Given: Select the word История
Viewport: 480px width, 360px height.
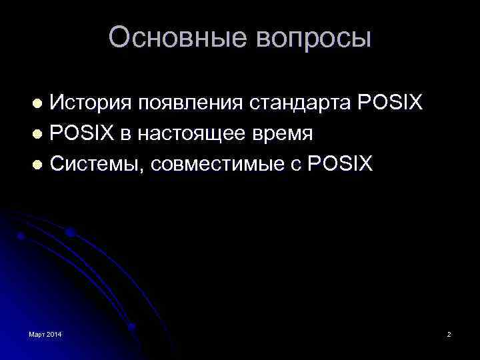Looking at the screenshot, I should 89,103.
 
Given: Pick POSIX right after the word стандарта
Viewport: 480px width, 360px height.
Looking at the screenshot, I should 390,103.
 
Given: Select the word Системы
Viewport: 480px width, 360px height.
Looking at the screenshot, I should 96,163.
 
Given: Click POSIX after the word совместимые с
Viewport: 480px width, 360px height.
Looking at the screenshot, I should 340,163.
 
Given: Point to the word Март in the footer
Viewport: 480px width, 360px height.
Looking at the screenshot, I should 37,333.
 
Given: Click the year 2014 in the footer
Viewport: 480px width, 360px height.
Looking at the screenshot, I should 54,333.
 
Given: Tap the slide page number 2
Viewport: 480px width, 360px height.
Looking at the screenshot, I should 449,333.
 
